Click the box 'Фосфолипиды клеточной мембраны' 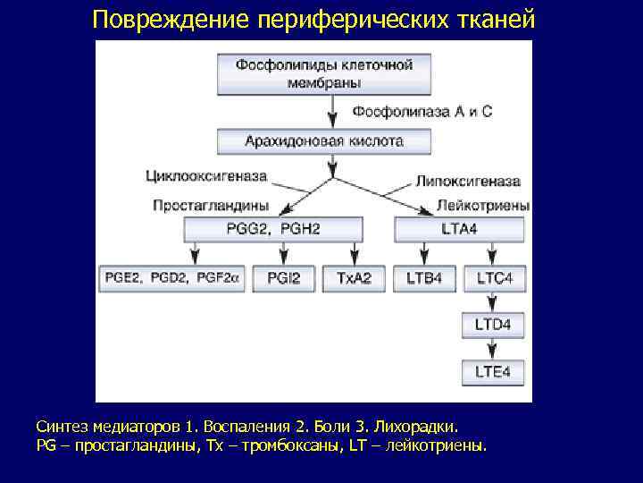point(324,73)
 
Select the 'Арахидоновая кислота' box point(324,141)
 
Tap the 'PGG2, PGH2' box point(274,229)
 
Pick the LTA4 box point(459,229)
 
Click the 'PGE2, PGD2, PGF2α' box point(171,279)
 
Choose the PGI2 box point(284,279)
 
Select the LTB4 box point(423,279)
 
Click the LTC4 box point(494,279)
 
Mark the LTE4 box point(493,371)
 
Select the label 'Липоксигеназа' point(468,181)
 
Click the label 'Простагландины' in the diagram point(211,206)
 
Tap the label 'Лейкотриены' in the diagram point(483,206)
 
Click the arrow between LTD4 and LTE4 point(493,348)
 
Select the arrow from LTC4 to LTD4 point(493,301)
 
